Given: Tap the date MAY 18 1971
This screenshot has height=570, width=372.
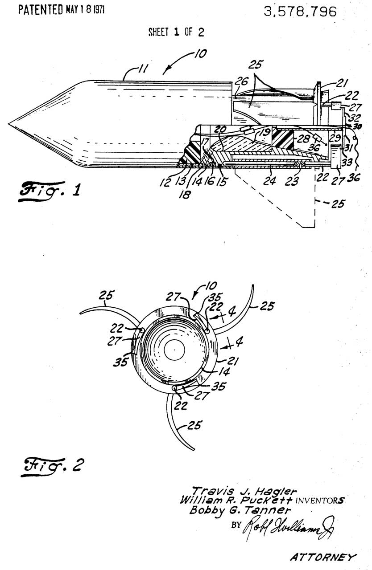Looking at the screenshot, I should tap(85, 10).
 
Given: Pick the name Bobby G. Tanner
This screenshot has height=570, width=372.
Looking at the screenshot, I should tap(234, 510).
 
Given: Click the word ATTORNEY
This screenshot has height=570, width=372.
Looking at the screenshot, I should tap(323, 556).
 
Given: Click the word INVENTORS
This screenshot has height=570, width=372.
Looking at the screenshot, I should tap(314, 501).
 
